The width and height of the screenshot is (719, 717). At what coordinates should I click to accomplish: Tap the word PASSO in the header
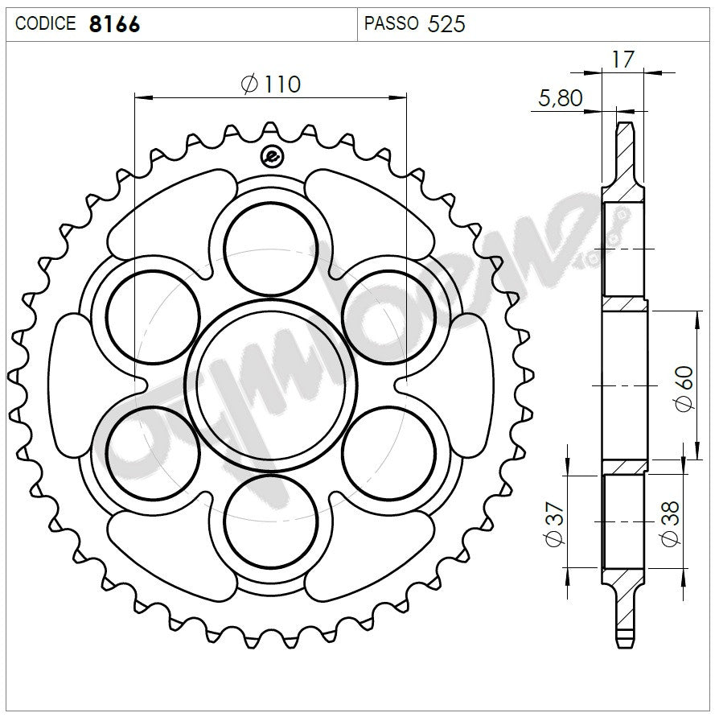(391, 23)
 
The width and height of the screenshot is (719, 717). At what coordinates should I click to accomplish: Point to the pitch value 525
(446, 23)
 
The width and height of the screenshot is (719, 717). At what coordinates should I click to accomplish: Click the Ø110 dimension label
(270, 84)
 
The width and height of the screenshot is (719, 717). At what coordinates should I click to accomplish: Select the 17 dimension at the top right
(623, 59)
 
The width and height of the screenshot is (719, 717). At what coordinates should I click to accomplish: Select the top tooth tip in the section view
(625, 127)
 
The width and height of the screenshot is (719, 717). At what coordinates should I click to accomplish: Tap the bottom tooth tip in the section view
(625, 641)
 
